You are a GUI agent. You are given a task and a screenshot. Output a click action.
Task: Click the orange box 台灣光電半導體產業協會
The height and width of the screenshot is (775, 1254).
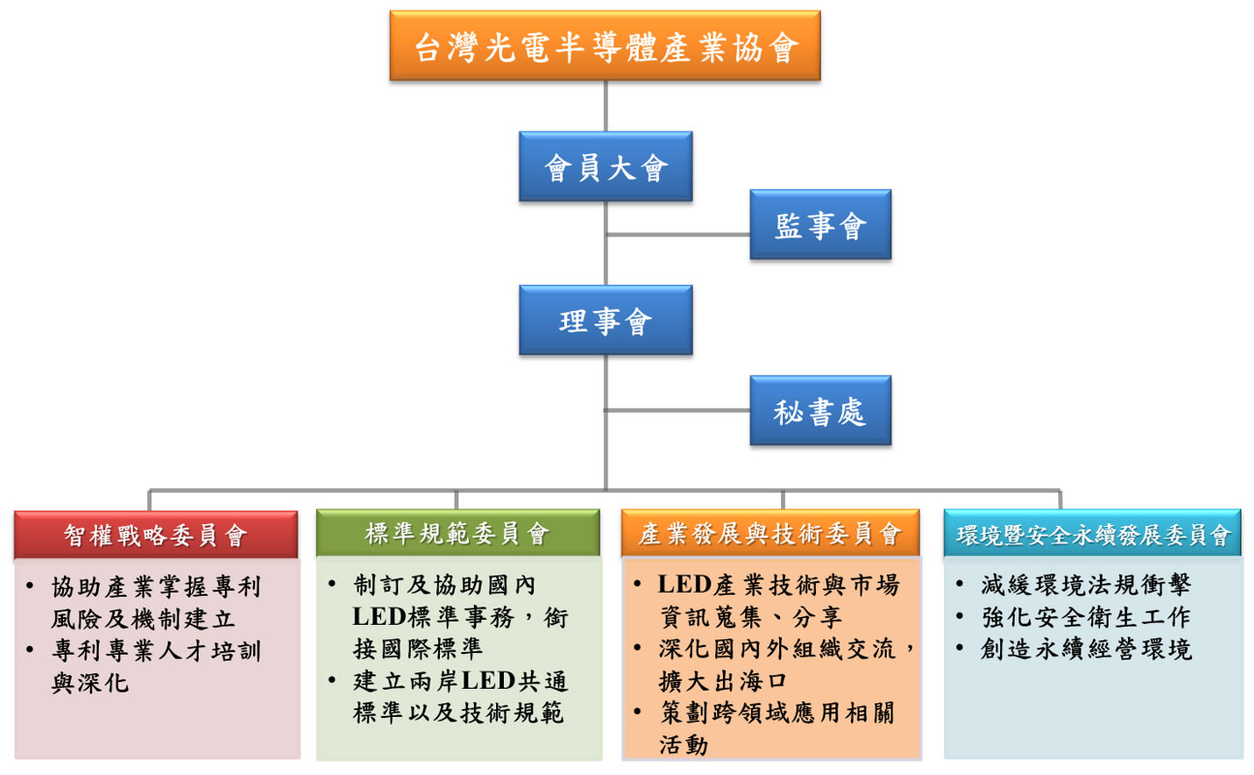(605, 46)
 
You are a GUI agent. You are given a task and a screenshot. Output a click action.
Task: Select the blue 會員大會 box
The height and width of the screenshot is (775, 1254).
(605, 167)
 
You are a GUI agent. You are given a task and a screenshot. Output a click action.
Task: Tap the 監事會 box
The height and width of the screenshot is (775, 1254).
(820, 225)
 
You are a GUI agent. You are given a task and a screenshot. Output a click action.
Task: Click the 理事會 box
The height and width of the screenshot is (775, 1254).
(605, 320)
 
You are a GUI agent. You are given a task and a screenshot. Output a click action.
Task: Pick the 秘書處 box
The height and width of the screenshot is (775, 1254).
(820, 411)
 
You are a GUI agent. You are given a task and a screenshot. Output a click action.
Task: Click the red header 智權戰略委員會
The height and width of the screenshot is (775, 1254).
(156, 535)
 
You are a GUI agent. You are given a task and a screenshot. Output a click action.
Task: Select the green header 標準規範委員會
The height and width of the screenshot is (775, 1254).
(457, 534)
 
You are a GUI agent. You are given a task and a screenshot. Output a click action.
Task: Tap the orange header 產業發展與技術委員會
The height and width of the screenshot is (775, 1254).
(769, 534)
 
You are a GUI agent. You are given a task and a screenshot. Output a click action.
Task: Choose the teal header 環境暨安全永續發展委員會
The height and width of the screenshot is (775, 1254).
(1092, 535)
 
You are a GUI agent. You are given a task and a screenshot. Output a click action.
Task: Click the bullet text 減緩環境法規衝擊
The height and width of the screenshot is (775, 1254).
(1085, 585)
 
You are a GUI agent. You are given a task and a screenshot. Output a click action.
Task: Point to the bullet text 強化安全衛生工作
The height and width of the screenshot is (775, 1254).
(1085, 617)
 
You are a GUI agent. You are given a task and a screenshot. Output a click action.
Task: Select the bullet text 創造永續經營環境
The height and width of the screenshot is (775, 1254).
(1085, 649)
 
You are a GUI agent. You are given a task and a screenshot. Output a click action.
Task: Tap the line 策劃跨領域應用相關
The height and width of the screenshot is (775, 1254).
(775, 713)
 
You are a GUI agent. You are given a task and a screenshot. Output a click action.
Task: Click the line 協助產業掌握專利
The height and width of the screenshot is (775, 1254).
(156, 587)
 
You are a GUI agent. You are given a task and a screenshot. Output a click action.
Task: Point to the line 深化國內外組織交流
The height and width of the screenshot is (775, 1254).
(785, 648)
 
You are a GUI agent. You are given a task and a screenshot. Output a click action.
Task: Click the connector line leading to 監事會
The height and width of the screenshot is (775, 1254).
(678, 234)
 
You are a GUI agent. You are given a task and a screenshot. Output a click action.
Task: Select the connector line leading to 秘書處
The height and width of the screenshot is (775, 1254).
(678, 410)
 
